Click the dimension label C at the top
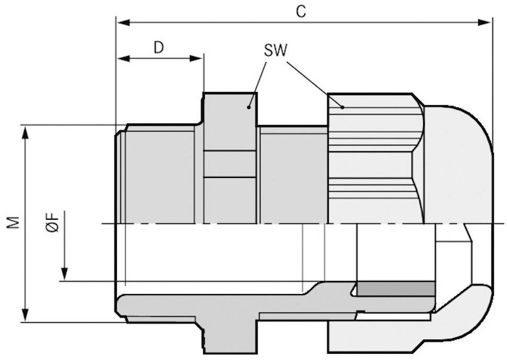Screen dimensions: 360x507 click(x=300, y=12)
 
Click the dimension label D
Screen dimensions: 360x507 click(x=159, y=48)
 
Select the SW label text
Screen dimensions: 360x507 click(x=275, y=50)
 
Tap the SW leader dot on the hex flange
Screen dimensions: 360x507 click(x=249, y=107)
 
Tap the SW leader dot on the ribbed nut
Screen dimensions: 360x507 click(x=342, y=107)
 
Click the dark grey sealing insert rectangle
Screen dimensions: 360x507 click(x=395, y=288)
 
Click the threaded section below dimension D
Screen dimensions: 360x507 click(x=160, y=173)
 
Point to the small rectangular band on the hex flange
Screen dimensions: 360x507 click(x=230, y=164)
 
